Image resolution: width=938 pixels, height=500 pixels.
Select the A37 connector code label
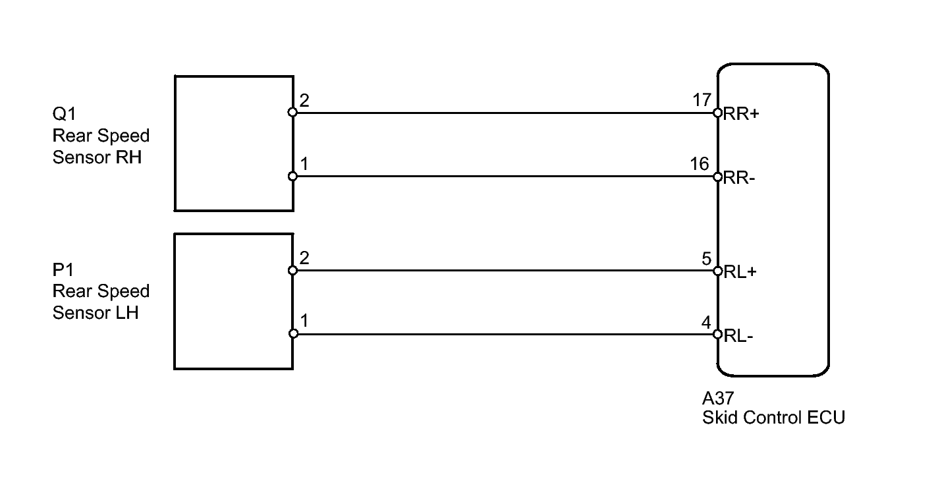tap(718, 399)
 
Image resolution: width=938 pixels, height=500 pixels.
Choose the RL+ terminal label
tap(740, 271)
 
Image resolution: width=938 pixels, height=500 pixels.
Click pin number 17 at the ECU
tap(702, 100)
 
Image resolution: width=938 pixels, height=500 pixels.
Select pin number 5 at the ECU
tap(706, 258)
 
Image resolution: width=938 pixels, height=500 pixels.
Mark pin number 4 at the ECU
tap(706, 323)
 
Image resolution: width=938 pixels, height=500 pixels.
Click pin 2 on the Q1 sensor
tap(304, 101)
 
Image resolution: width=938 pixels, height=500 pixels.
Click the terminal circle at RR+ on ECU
tap(718, 113)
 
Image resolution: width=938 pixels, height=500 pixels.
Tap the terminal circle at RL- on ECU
tap(718, 334)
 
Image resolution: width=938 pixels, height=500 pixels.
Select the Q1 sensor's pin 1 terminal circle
tap(293, 177)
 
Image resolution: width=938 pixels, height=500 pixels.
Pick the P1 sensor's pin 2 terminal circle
tap(293, 270)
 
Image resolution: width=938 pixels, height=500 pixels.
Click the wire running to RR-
tap(501, 177)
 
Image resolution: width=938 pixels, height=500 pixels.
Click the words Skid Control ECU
tap(773, 418)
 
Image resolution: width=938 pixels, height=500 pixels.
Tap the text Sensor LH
tap(96, 312)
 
